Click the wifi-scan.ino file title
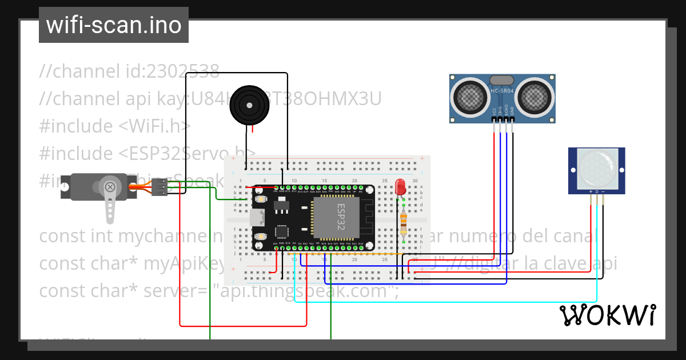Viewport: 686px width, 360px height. (113, 25)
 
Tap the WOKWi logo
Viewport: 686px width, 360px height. (607, 315)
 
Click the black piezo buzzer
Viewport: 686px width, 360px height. (249, 105)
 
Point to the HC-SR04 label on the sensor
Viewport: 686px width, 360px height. (502, 91)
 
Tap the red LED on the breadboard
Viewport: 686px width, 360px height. (400, 186)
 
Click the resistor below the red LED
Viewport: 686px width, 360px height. (404, 222)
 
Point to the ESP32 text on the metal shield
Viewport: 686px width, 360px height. (341, 216)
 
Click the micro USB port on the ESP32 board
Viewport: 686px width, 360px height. (257, 217)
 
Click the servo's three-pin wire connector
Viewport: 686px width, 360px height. (160, 187)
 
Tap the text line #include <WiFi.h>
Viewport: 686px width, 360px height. (114, 126)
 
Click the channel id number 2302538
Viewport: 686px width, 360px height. (183, 71)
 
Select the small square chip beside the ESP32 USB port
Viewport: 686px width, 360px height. (282, 232)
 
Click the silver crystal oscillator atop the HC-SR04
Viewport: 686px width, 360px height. (502, 80)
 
